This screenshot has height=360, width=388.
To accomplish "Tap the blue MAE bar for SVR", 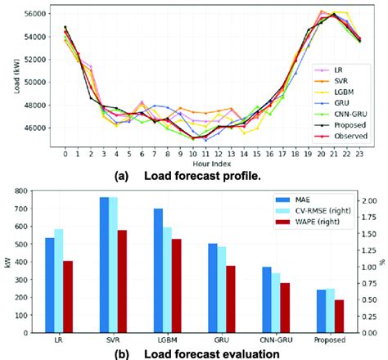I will coord(105,265).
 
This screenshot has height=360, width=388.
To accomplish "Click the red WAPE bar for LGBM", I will coord(177,286).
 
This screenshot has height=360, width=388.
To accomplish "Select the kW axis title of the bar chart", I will coord(7,263).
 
